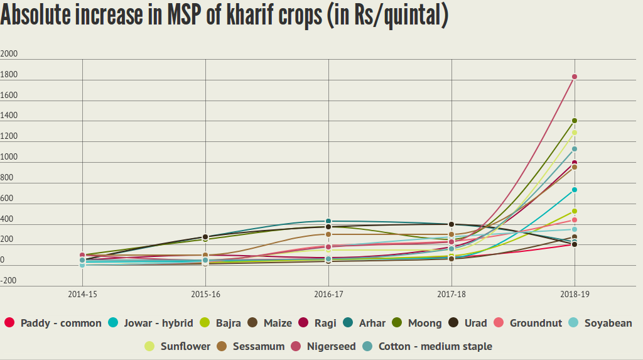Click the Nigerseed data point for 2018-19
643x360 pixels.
[x=574, y=77]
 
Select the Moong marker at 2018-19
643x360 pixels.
[x=574, y=121]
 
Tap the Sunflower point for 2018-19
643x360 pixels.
[x=574, y=133]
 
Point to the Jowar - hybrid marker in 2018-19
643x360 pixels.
[x=574, y=190]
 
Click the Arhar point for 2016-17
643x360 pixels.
[x=328, y=221]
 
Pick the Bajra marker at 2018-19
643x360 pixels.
[x=574, y=211]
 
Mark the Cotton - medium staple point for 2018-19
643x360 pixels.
[x=574, y=149]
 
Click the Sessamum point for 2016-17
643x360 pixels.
[x=328, y=234]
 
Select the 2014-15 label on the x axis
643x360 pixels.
[x=82, y=294]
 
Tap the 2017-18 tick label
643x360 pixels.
[x=451, y=294]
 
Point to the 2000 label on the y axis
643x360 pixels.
[x=9, y=54]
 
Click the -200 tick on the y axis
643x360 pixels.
[x=9, y=280]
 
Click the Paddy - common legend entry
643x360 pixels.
[x=53, y=323]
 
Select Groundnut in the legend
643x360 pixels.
[x=527, y=323]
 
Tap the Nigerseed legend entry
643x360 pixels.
[x=323, y=346]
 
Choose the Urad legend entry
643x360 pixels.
[x=468, y=323]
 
